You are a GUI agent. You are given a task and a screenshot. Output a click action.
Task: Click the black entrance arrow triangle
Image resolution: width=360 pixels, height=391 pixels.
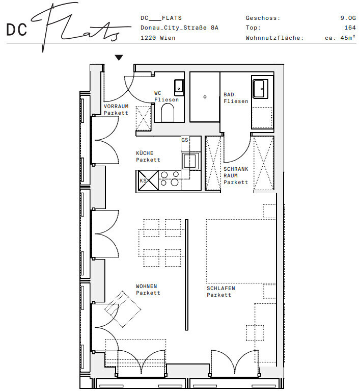point(119,58)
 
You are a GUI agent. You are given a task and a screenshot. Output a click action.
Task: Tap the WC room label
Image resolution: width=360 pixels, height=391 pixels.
point(158,93)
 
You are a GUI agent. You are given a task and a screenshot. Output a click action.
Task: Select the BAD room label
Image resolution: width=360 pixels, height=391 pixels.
point(229,94)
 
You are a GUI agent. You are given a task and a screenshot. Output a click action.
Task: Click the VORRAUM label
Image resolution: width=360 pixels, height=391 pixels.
point(116,106)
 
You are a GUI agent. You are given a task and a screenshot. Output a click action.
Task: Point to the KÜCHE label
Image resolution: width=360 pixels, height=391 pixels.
point(145,153)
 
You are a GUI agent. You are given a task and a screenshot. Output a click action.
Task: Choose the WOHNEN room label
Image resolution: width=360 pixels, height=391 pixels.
point(147,286)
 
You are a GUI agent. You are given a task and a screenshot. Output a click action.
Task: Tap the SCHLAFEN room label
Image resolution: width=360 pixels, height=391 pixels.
point(220,288)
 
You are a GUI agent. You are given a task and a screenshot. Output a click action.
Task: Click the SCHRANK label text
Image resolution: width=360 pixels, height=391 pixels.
point(236,169)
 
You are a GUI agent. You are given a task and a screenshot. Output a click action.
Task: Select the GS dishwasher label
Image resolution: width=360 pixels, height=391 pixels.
point(185,140)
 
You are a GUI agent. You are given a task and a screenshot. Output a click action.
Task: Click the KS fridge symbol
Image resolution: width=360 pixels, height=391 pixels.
point(149,180)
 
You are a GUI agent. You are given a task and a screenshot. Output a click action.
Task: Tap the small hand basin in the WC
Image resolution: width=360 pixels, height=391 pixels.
point(179,88)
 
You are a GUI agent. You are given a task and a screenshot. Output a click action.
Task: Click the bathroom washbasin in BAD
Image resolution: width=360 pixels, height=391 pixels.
point(260,89)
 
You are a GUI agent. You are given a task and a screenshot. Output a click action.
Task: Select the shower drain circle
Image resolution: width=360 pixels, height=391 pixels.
point(205,97)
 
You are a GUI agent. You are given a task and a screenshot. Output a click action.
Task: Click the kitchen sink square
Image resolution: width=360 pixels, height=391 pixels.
point(190,161)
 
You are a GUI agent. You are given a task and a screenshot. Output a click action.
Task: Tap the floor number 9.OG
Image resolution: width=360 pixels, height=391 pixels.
point(348,18)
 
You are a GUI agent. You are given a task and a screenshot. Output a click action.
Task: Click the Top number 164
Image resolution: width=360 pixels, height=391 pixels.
point(350,28)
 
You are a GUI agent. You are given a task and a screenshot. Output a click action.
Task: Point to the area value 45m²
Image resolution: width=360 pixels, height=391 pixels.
point(348,37)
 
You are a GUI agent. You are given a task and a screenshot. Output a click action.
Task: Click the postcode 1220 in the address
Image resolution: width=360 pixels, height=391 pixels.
point(148,38)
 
